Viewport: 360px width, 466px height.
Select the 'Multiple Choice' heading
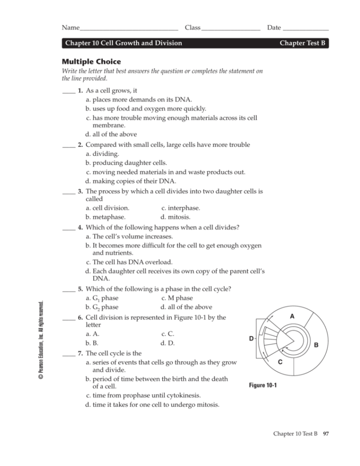(91, 61)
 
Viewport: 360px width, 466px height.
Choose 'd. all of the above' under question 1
(111, 134)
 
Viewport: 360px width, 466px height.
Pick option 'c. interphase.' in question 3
(181, 208)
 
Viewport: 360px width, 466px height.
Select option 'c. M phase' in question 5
(177, 298)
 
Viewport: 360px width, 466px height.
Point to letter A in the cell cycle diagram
(291, 316)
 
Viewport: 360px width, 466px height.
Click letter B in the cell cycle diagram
(316, 345)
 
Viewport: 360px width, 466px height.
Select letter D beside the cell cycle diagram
(251, 339)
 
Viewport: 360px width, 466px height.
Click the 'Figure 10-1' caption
(262, 385)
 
